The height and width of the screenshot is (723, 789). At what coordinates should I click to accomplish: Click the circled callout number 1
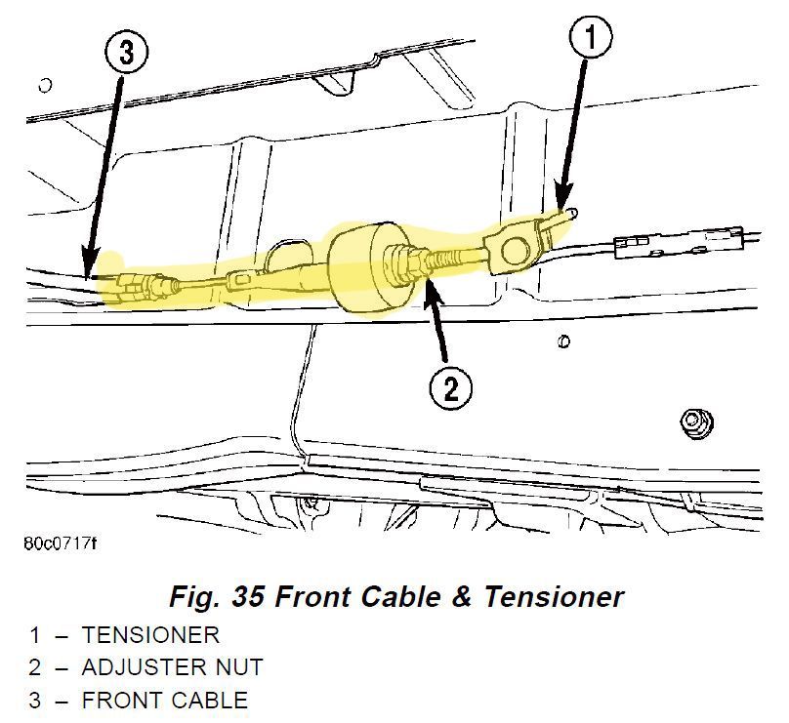591,37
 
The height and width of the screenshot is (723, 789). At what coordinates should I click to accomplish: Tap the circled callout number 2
451,388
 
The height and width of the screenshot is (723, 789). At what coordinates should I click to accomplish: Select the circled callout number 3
126,53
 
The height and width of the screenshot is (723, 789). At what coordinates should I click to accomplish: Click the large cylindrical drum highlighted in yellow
369,270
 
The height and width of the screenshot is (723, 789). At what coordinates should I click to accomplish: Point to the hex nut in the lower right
697,422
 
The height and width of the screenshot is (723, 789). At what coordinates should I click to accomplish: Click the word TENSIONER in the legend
151,635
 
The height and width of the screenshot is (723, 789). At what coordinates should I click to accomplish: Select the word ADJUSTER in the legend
144,667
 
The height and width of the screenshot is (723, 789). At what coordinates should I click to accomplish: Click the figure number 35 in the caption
248,597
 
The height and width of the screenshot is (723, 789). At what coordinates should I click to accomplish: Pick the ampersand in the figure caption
461,597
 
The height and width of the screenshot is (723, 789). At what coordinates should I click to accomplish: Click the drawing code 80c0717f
61,543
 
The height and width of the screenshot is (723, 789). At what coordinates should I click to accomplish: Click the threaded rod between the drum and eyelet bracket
454,258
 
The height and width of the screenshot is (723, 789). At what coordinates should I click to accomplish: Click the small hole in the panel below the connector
564,341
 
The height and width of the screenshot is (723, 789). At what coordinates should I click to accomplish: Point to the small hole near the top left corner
45,86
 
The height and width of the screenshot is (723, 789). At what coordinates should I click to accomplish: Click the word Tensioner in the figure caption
554,597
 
